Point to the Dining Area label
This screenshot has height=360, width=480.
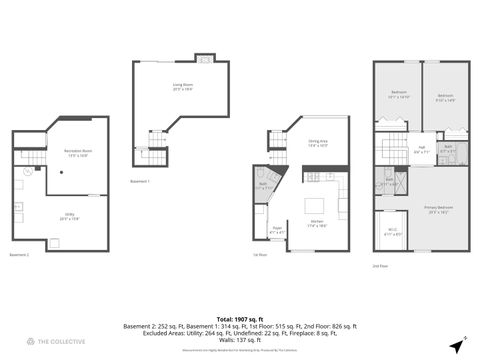[318, 143]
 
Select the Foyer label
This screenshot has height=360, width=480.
[277, 230]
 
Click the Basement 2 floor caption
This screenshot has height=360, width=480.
[20, 256]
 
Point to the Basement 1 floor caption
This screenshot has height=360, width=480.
[140, 181]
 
